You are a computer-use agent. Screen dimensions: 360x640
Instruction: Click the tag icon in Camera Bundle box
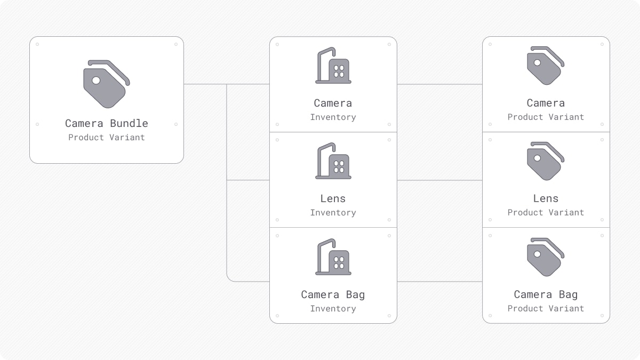click(x=106, y=84)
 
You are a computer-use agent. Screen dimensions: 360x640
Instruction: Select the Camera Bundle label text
click(x=107, y=123)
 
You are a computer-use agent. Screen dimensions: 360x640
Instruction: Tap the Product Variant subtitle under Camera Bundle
click(x=107, y=138)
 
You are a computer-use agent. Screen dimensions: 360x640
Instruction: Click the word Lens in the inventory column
click(x=333, y=198)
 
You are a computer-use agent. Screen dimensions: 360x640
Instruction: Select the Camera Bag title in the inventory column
click(x=333, y=294)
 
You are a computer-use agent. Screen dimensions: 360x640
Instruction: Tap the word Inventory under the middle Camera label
click(x=333, y=117)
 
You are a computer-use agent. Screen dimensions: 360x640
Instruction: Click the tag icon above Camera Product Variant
click(x=545, y=66)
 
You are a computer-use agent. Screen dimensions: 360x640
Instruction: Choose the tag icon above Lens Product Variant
click(x=545, y=161)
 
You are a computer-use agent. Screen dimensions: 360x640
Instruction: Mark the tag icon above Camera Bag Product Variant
click(x=545, y=257)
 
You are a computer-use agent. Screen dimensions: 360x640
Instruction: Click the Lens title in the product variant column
click(x=546, y=198)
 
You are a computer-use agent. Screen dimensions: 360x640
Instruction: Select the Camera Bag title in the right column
click(x=546, y=294)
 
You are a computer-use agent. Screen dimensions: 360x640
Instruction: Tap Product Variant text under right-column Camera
click(x=546, y=117)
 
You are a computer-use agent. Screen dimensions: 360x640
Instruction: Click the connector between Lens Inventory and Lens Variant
click(x=439, y=180)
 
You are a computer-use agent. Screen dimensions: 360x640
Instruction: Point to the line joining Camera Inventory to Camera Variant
click(x=439, y=84)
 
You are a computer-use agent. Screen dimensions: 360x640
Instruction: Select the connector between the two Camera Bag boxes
click(x=439, y=282)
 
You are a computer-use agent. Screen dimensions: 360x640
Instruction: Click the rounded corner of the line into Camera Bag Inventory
click(x=229, y=279)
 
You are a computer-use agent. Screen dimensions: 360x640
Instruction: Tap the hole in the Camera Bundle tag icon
click(x=96, y=81)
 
